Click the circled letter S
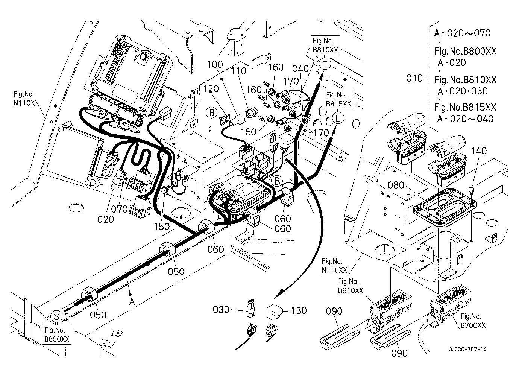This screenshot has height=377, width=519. click(56, 316)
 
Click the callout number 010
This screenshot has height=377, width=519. click(415, 79)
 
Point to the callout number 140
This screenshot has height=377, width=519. click(479, 151)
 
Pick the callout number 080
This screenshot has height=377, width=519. click(396, 185)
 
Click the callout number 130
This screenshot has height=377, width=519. click(299, 311)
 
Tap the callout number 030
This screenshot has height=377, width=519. click(221, 310)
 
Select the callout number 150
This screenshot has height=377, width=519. click(162, 227)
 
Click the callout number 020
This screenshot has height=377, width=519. click(105, 219)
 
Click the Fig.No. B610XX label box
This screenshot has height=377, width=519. click(351, 286)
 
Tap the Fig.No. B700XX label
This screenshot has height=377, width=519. click(473, 321)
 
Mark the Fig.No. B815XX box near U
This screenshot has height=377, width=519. click(339, 99)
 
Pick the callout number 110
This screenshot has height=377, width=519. click(238, 70)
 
